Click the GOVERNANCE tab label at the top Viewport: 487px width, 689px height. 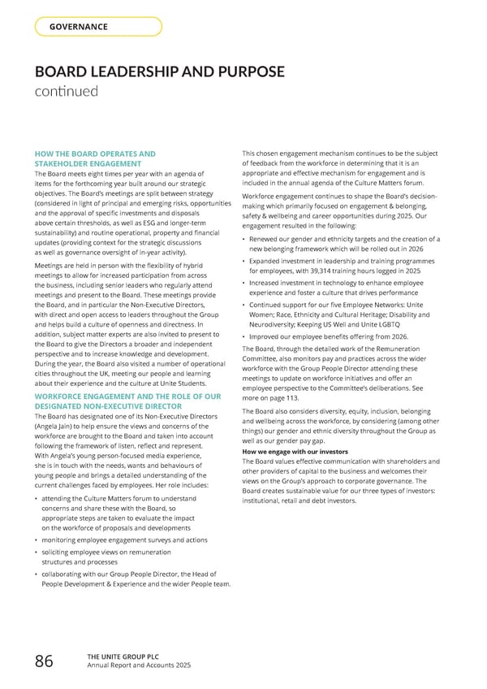79,27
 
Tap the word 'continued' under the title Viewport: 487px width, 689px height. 66,91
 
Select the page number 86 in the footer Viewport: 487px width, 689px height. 44,662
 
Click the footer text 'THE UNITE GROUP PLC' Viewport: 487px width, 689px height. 117,657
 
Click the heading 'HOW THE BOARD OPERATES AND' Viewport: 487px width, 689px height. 95,153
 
